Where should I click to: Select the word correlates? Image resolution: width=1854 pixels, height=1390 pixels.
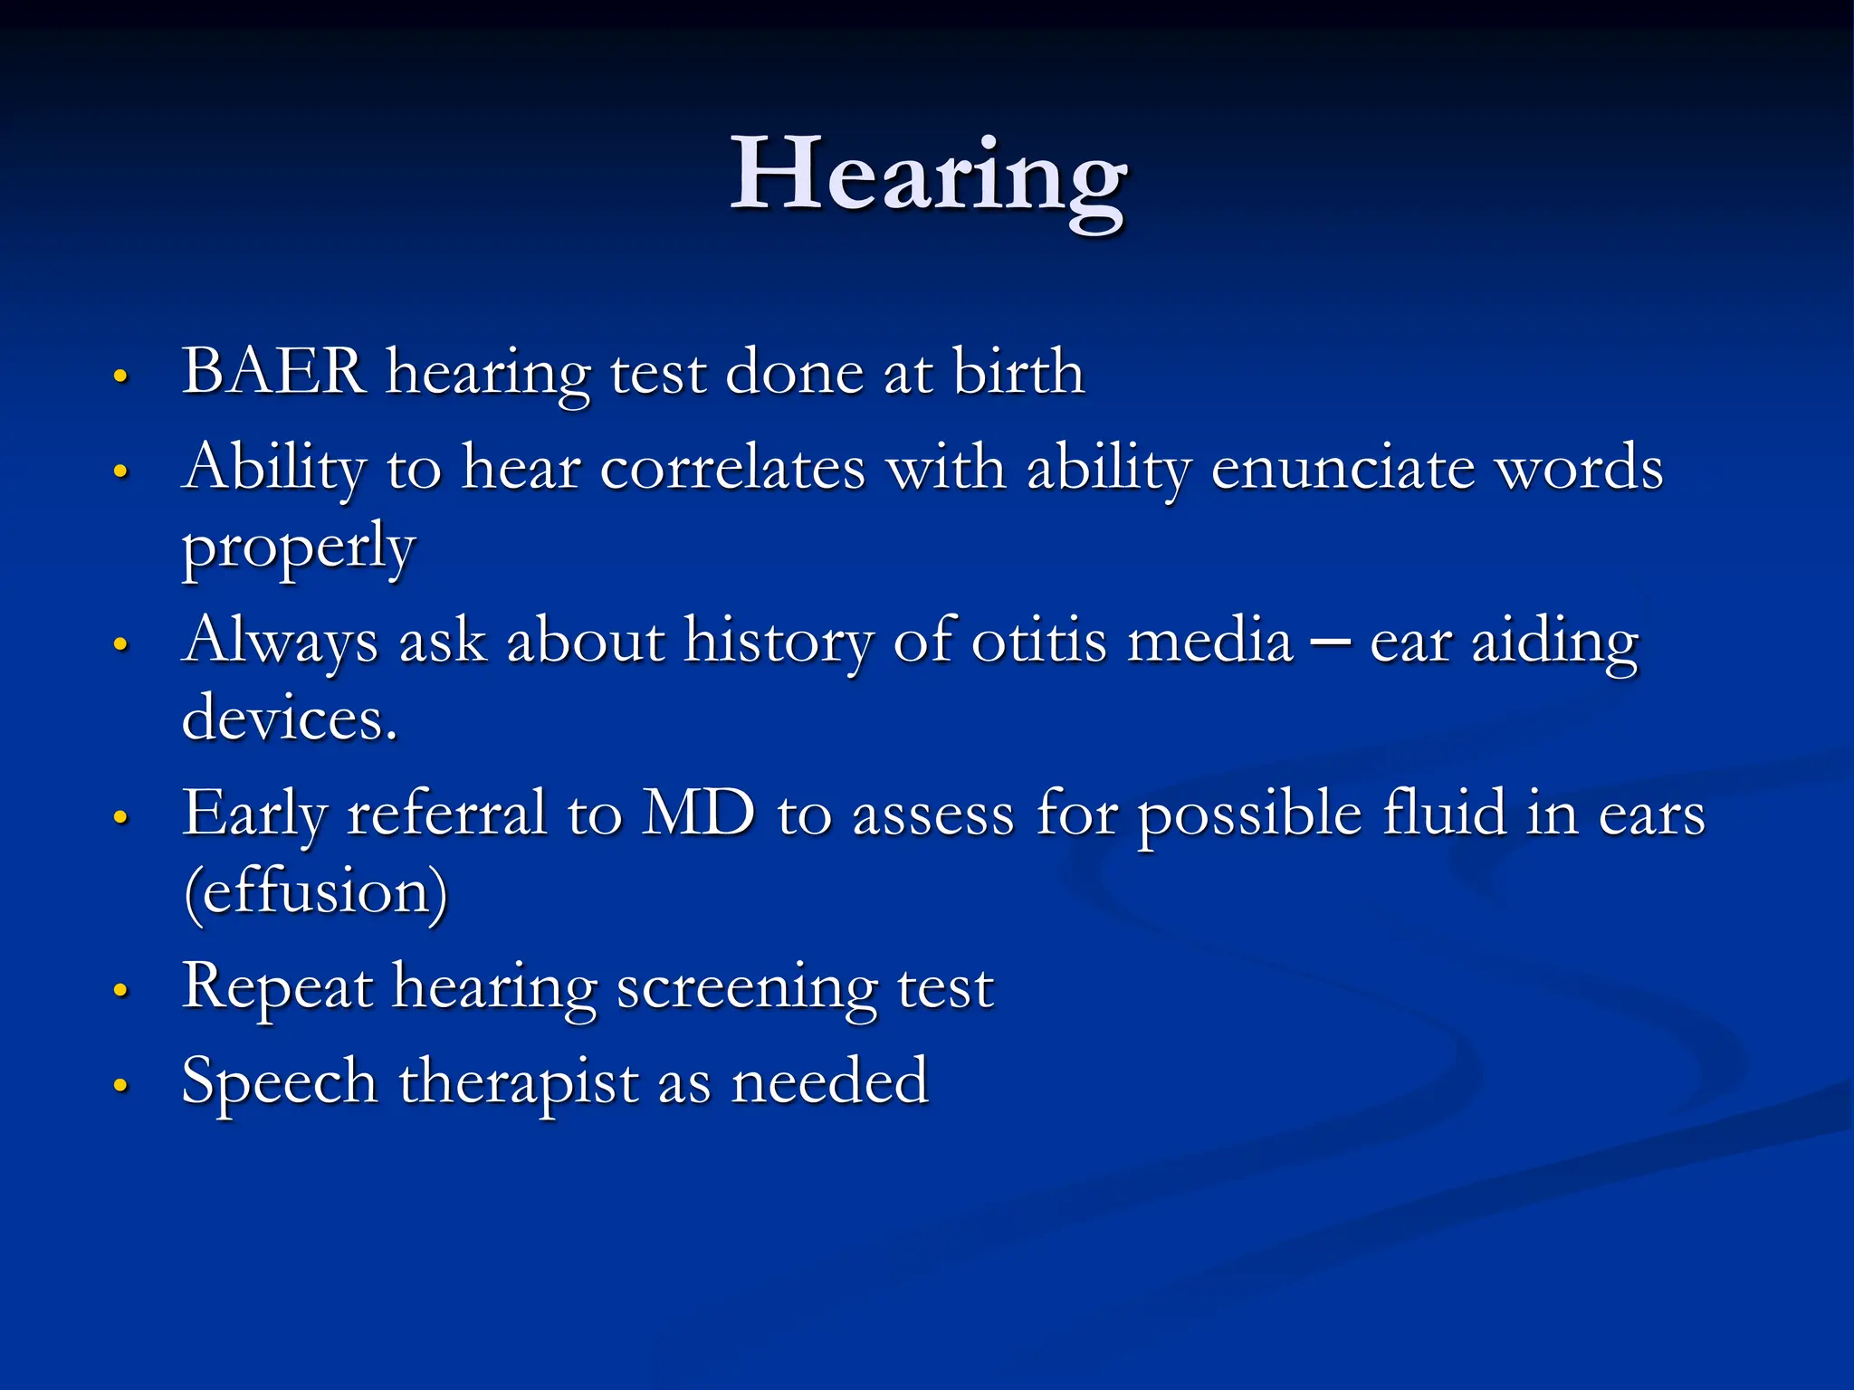(732, 469)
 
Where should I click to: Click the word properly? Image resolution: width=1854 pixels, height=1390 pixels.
(299, 548)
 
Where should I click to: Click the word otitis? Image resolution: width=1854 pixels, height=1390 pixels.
(1038, 641)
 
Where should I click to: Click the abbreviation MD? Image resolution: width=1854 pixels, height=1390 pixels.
(698, 813)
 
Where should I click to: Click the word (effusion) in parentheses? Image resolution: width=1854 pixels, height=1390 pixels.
(315, 892)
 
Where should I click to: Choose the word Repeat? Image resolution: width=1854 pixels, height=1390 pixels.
(277, 986)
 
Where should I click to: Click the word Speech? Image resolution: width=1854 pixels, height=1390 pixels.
(279, 1082)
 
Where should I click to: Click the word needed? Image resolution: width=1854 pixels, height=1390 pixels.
(829, 1082)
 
